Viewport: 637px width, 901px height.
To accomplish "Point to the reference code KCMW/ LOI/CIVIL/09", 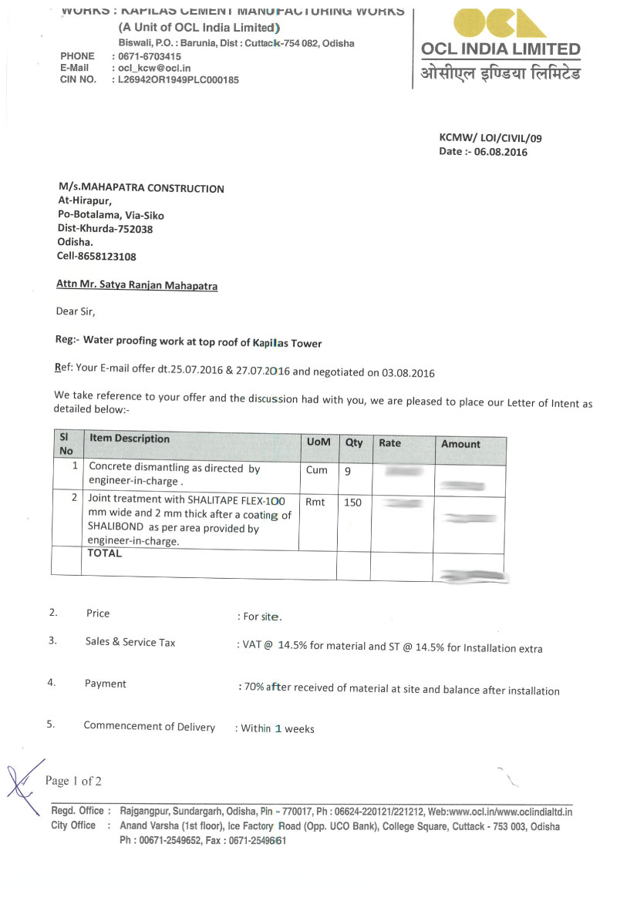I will pos(490,138).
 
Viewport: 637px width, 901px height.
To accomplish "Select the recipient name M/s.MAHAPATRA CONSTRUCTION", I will pos(141,188).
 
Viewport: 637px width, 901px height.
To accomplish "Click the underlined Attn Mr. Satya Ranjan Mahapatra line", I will pos(136,285).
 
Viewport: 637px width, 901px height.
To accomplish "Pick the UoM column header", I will pos(318,442).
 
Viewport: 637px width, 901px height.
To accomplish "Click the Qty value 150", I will pos(352,503).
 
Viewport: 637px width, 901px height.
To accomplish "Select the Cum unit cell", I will pos(316,470).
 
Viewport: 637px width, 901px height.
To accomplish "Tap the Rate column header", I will pos(389,443).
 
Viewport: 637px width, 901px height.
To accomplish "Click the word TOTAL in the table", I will pos(104,553).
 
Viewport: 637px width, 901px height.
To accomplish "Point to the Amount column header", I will pos(460,444).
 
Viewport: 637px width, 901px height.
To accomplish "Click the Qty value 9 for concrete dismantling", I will pos(348,470).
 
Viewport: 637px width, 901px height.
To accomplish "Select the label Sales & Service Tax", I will pos(130,642).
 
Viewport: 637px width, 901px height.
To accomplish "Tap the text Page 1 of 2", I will pos(73,781).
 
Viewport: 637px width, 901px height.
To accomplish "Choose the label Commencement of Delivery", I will pos(149,726).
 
